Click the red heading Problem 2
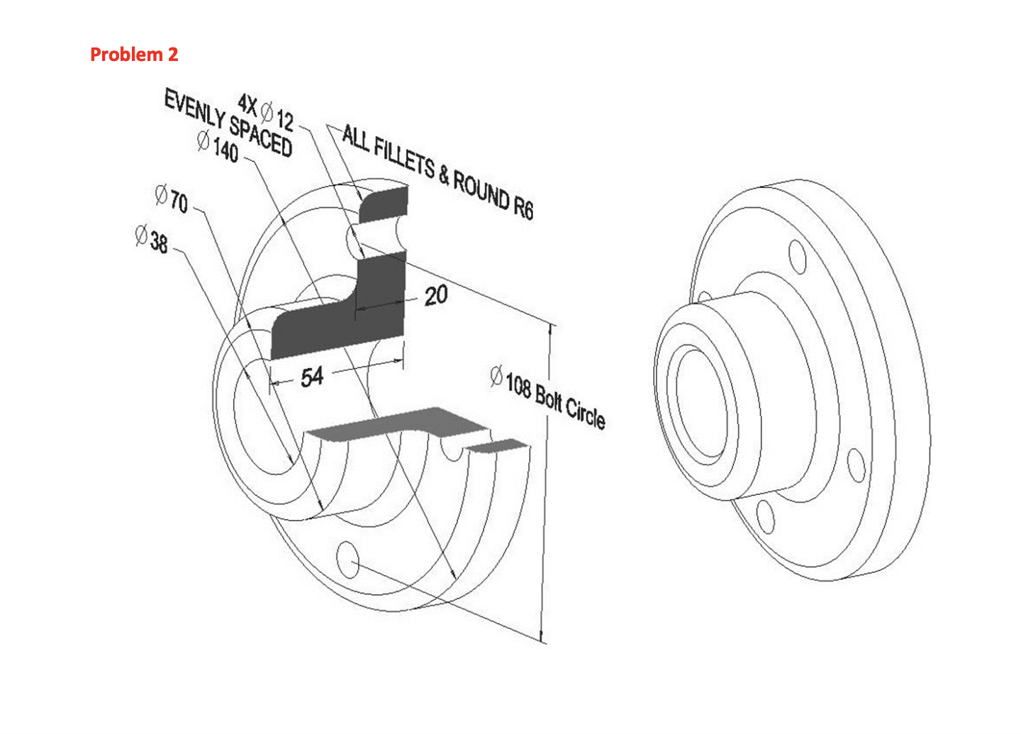(x=134, y=55)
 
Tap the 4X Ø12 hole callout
(x=267, y=111)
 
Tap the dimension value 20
(x=435, y=295)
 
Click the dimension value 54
(x=312, y=377)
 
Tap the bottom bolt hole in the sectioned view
(x=347, y=560)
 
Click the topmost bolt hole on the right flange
(x=798, y=257)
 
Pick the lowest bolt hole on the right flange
(x=765, y=516)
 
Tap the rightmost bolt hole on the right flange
(x=857, y=465)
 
